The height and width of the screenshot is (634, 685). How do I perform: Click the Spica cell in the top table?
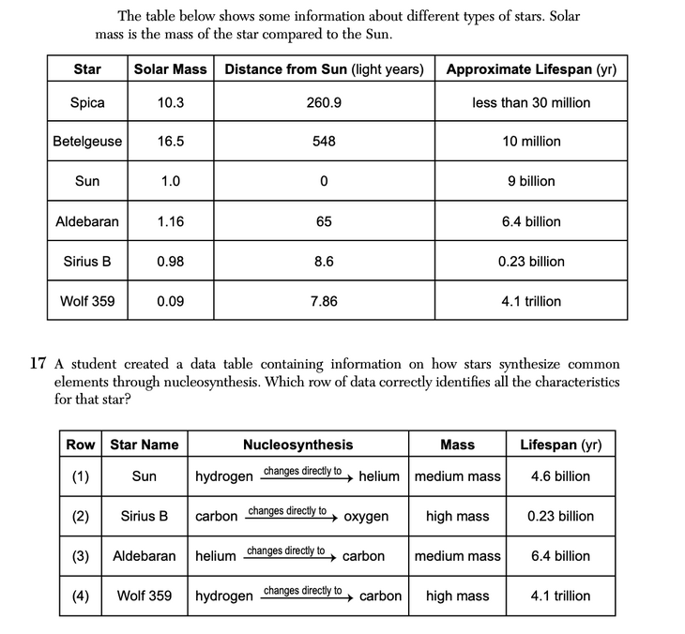[87, 102]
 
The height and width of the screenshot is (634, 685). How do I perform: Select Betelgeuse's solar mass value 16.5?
[170, 142]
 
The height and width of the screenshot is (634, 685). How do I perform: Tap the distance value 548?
[324, 142]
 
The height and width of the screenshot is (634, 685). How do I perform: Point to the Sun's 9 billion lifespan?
[531, 181]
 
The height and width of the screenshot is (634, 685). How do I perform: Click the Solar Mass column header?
[170, 69]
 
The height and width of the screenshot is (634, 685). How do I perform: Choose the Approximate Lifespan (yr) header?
[531, 69]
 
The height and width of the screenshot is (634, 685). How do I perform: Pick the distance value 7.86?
[324, 301]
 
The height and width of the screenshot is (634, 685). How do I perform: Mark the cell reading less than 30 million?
[531, 102]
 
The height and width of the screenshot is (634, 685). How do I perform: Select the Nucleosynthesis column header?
[297, 445]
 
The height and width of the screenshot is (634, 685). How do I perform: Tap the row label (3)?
[82, 556]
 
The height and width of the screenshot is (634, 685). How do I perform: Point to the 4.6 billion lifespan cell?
[560, 476]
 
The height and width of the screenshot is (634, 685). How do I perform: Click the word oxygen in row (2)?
[366, 517]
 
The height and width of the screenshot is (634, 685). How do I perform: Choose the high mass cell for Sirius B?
[457, 517]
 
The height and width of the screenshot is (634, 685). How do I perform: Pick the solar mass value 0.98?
[170, 262]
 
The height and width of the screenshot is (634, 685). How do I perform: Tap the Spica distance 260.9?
[324, 102]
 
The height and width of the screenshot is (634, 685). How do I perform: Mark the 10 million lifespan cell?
[531, 142]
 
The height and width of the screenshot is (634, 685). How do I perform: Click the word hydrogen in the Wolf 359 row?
[223, 596]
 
